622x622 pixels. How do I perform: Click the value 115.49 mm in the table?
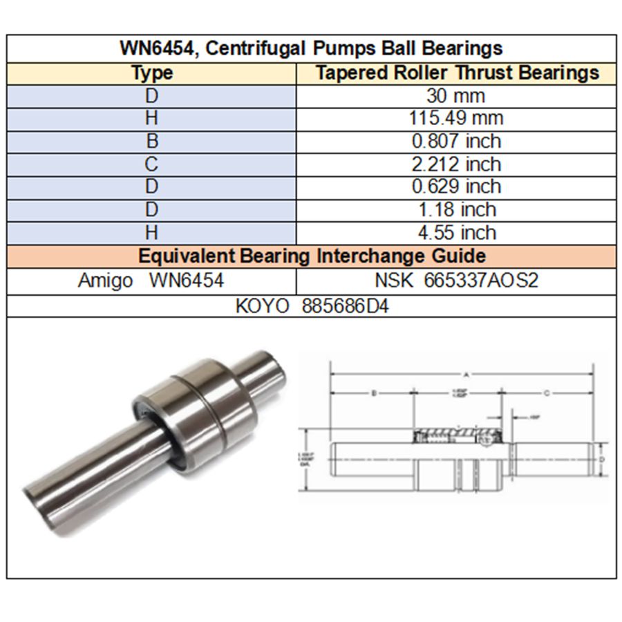(x=456, y=118)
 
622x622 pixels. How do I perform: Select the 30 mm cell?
(x=456, y=95)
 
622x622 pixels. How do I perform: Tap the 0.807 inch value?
(x=456, y=141)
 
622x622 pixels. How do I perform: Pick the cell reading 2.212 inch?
(x=456, y=164)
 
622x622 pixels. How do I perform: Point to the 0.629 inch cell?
(x=456, y=187)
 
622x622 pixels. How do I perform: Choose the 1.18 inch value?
(x=456, y=209)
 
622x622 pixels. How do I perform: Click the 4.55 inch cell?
(x=456, y=232)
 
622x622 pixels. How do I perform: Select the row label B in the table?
(x=152, y=141)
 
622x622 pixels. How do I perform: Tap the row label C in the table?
(x=152, y=164)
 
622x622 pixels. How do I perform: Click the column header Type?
(x=152, y=73)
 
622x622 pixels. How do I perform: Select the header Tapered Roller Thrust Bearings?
(x=457, y=73)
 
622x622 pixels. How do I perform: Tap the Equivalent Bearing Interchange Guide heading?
(x=311, y=256)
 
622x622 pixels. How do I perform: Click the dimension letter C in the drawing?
(x=546, y=393)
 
